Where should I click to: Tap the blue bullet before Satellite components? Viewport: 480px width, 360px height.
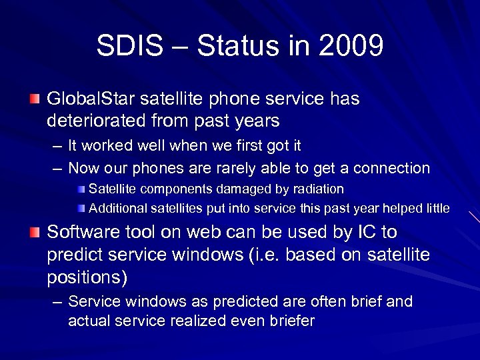point(81,189)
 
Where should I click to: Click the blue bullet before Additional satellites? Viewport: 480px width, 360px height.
point(81,209)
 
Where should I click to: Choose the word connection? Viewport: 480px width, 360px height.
point(395,168)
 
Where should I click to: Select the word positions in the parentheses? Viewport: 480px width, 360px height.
point(85,275)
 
